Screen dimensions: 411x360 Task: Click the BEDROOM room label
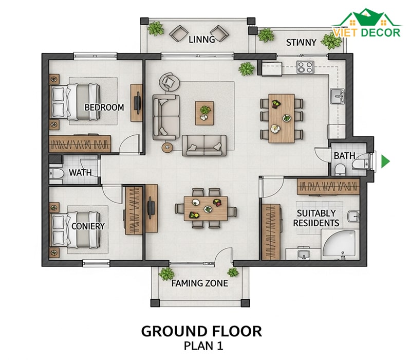104,107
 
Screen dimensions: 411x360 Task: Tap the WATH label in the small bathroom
80,173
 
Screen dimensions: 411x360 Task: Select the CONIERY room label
88,226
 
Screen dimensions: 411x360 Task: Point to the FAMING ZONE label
200,283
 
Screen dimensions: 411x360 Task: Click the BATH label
344,156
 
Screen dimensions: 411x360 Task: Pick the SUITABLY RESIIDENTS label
316,218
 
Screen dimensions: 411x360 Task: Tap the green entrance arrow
385,161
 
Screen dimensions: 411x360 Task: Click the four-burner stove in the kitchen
305,67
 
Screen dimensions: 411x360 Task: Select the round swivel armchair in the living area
170,82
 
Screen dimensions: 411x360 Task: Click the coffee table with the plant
204,113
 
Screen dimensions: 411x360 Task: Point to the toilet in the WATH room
57,173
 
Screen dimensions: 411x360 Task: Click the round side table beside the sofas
167,148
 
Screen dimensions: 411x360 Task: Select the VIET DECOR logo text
367,32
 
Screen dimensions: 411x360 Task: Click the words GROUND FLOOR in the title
201,331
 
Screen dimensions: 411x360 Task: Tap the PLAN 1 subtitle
203,346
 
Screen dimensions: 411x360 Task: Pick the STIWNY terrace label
301,43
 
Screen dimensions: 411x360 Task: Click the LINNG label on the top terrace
202,40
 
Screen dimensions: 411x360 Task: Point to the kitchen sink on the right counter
337,96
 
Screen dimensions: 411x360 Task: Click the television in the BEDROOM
137,102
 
